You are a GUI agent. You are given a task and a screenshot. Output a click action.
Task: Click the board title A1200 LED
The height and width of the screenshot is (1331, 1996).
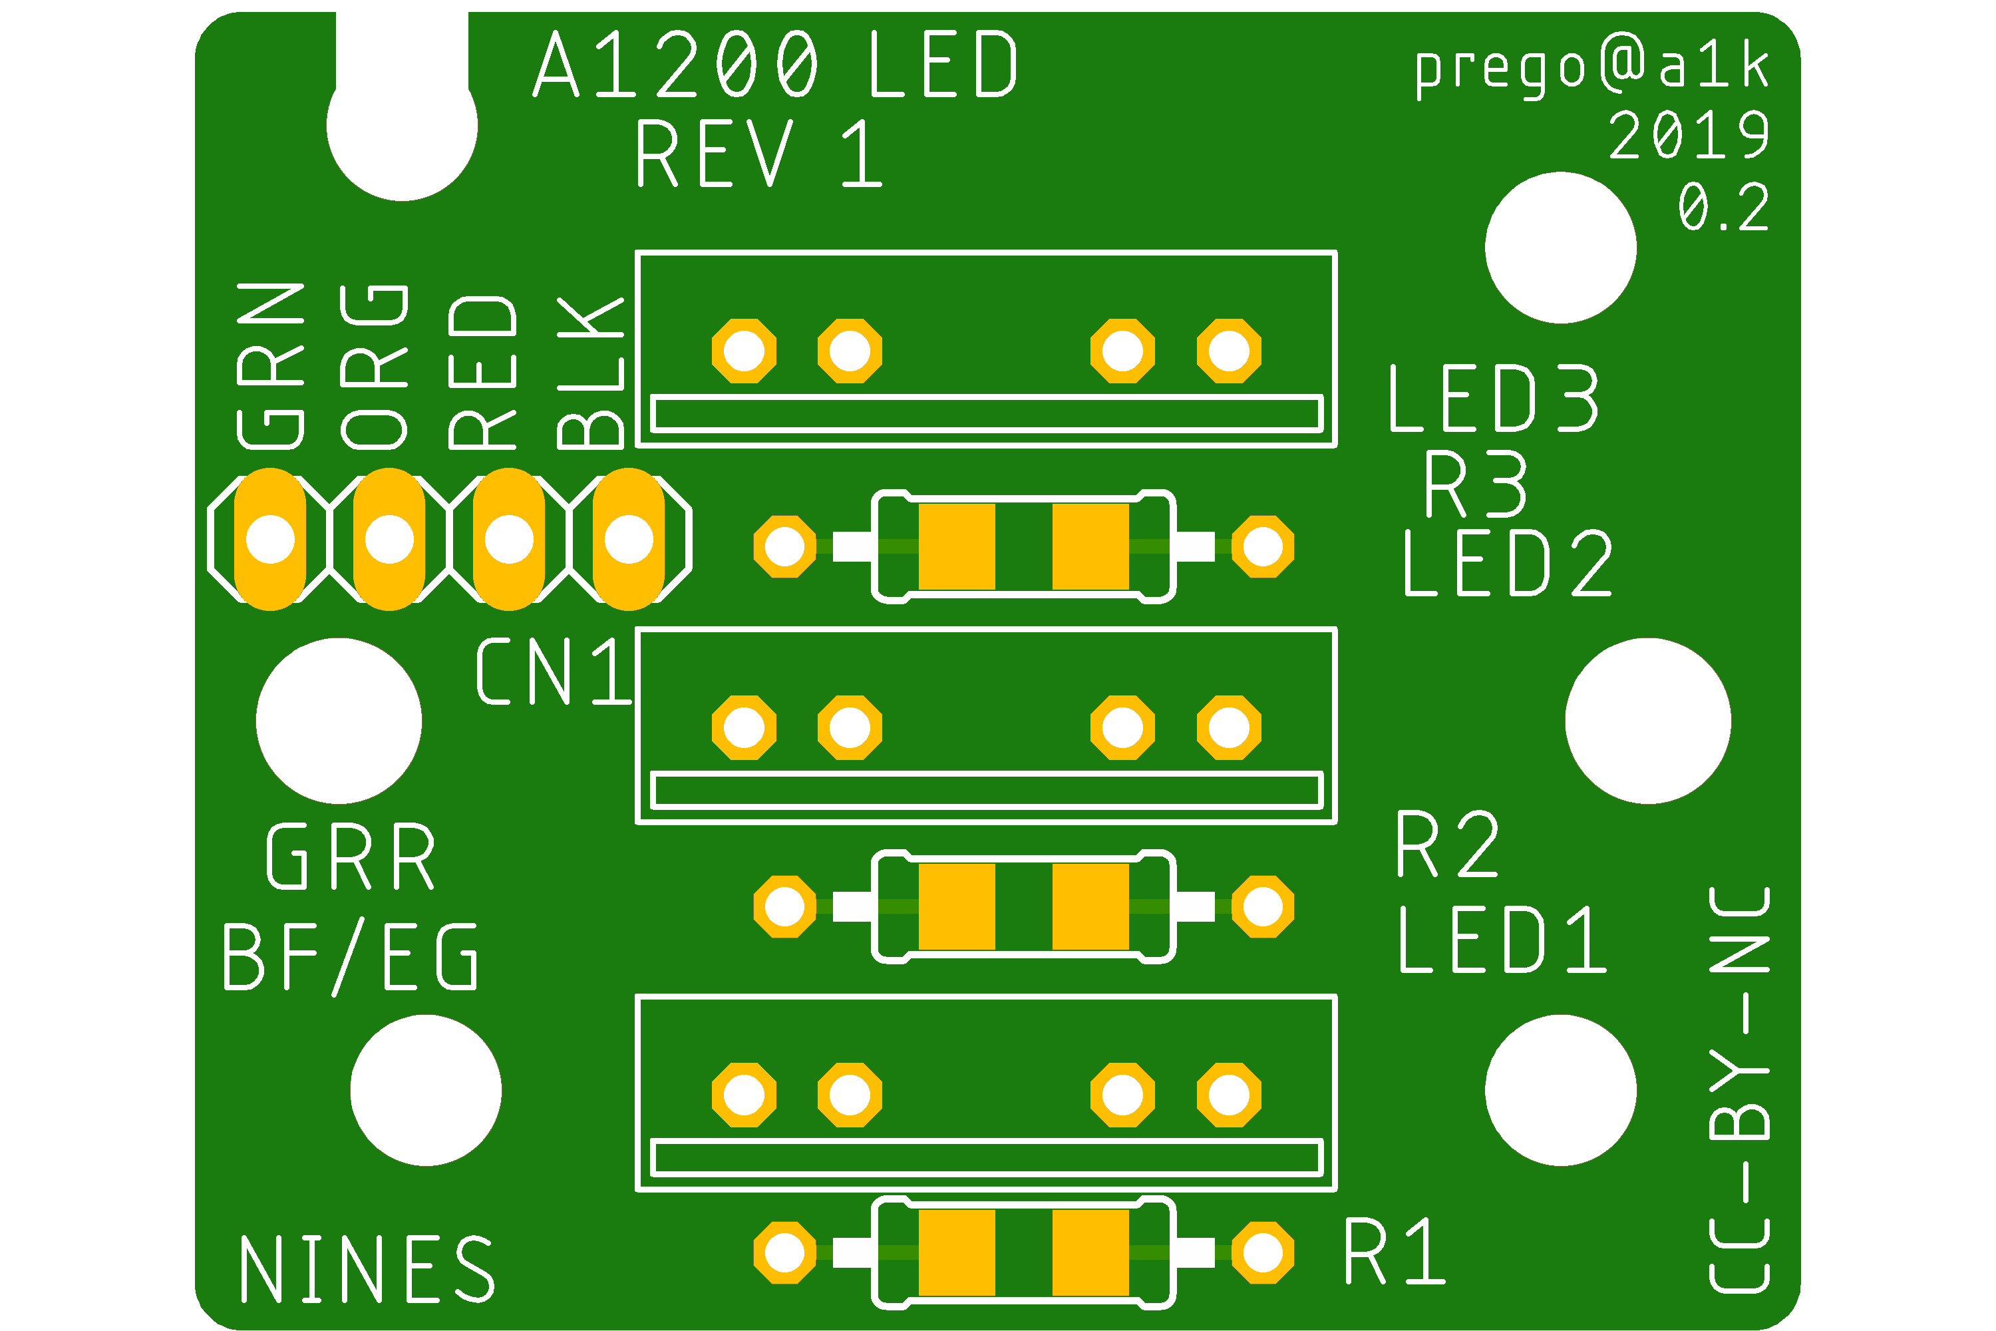(775, 65)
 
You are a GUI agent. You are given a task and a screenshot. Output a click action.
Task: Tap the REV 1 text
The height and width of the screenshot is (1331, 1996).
(758, 154)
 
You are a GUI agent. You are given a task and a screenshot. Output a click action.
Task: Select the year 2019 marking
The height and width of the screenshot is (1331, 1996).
(1688, 136)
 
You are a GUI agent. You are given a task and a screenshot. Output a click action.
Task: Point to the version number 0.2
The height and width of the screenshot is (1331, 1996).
(1723, 207)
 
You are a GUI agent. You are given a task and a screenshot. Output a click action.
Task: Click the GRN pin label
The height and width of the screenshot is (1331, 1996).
(271, 366)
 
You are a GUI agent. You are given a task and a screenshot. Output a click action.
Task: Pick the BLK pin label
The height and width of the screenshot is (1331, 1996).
(591, 373)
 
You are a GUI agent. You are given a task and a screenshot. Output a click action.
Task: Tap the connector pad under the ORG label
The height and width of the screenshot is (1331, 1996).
(389, 539)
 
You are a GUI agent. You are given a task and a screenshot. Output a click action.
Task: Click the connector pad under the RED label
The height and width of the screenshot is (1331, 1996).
(508, 539)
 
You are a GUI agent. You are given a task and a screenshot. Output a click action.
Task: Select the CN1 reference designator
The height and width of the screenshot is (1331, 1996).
(554, 672)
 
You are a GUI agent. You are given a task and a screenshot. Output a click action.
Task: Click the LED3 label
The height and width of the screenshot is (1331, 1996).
(1494, 399)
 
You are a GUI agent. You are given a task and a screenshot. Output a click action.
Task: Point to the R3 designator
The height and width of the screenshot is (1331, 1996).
(1476, 484)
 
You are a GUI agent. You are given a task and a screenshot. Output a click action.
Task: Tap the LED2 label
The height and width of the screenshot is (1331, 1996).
(1506, 564)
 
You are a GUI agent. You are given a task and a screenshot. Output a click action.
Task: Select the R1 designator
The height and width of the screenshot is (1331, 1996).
(1395, 1252)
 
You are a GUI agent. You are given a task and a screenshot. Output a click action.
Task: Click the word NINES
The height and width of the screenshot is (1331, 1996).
(367, 1270)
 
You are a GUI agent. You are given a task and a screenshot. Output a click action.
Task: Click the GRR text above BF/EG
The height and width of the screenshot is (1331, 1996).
(351, 857)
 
